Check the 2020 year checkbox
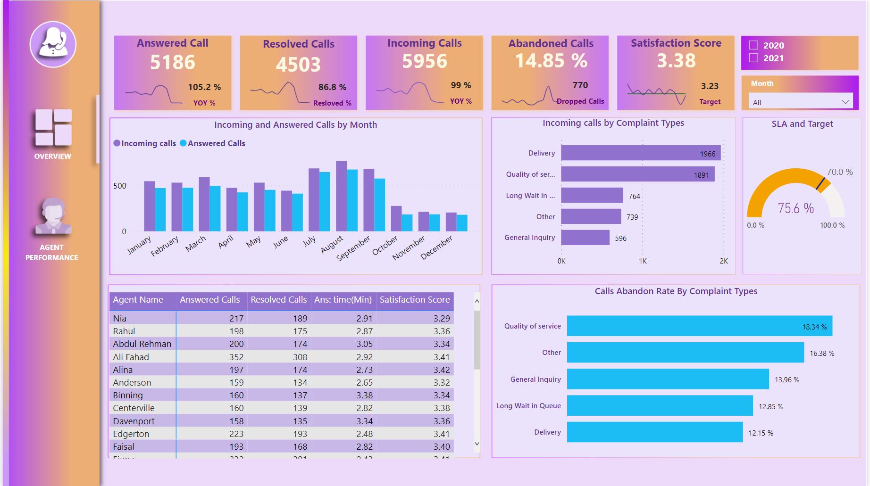[753, 45]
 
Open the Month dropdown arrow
[845, 102]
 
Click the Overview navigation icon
[53, 127]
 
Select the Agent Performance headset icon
[53, 216]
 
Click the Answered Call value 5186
[173, 62]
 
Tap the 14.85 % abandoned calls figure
[551, 61]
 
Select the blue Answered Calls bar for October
[407, 222]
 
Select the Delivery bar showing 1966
[640, 153]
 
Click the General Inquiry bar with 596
[585, 238]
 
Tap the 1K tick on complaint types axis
[643, 261]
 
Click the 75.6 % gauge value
[795, 208]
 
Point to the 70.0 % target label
[839, 172]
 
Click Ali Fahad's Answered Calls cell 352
[236, 357]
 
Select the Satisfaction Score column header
[414, 300]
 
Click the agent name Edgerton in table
[131, 434]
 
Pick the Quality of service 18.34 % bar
[699, 326]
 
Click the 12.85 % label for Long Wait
[770, 406]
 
